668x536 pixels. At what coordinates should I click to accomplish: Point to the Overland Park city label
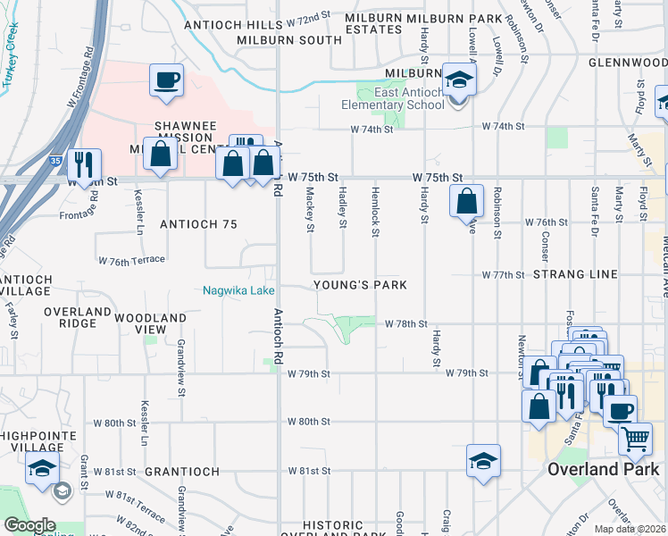click(x=603, y=469)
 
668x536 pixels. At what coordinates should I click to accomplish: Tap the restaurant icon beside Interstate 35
click(x=85, y=163)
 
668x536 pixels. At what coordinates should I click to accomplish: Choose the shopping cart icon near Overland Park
click(x=635, y=439)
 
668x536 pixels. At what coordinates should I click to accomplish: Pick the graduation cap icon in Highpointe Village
click(x=42, y=467)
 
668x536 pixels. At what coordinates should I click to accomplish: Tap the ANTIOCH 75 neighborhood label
click(x=198, y=224)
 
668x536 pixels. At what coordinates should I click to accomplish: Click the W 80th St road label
click(x=309, y=421)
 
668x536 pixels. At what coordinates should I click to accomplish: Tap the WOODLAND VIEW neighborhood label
click(x=150, y=323)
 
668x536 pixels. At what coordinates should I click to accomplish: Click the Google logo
click(x=29, y=525)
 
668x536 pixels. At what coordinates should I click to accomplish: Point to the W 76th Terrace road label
click(x=132, y=259)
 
